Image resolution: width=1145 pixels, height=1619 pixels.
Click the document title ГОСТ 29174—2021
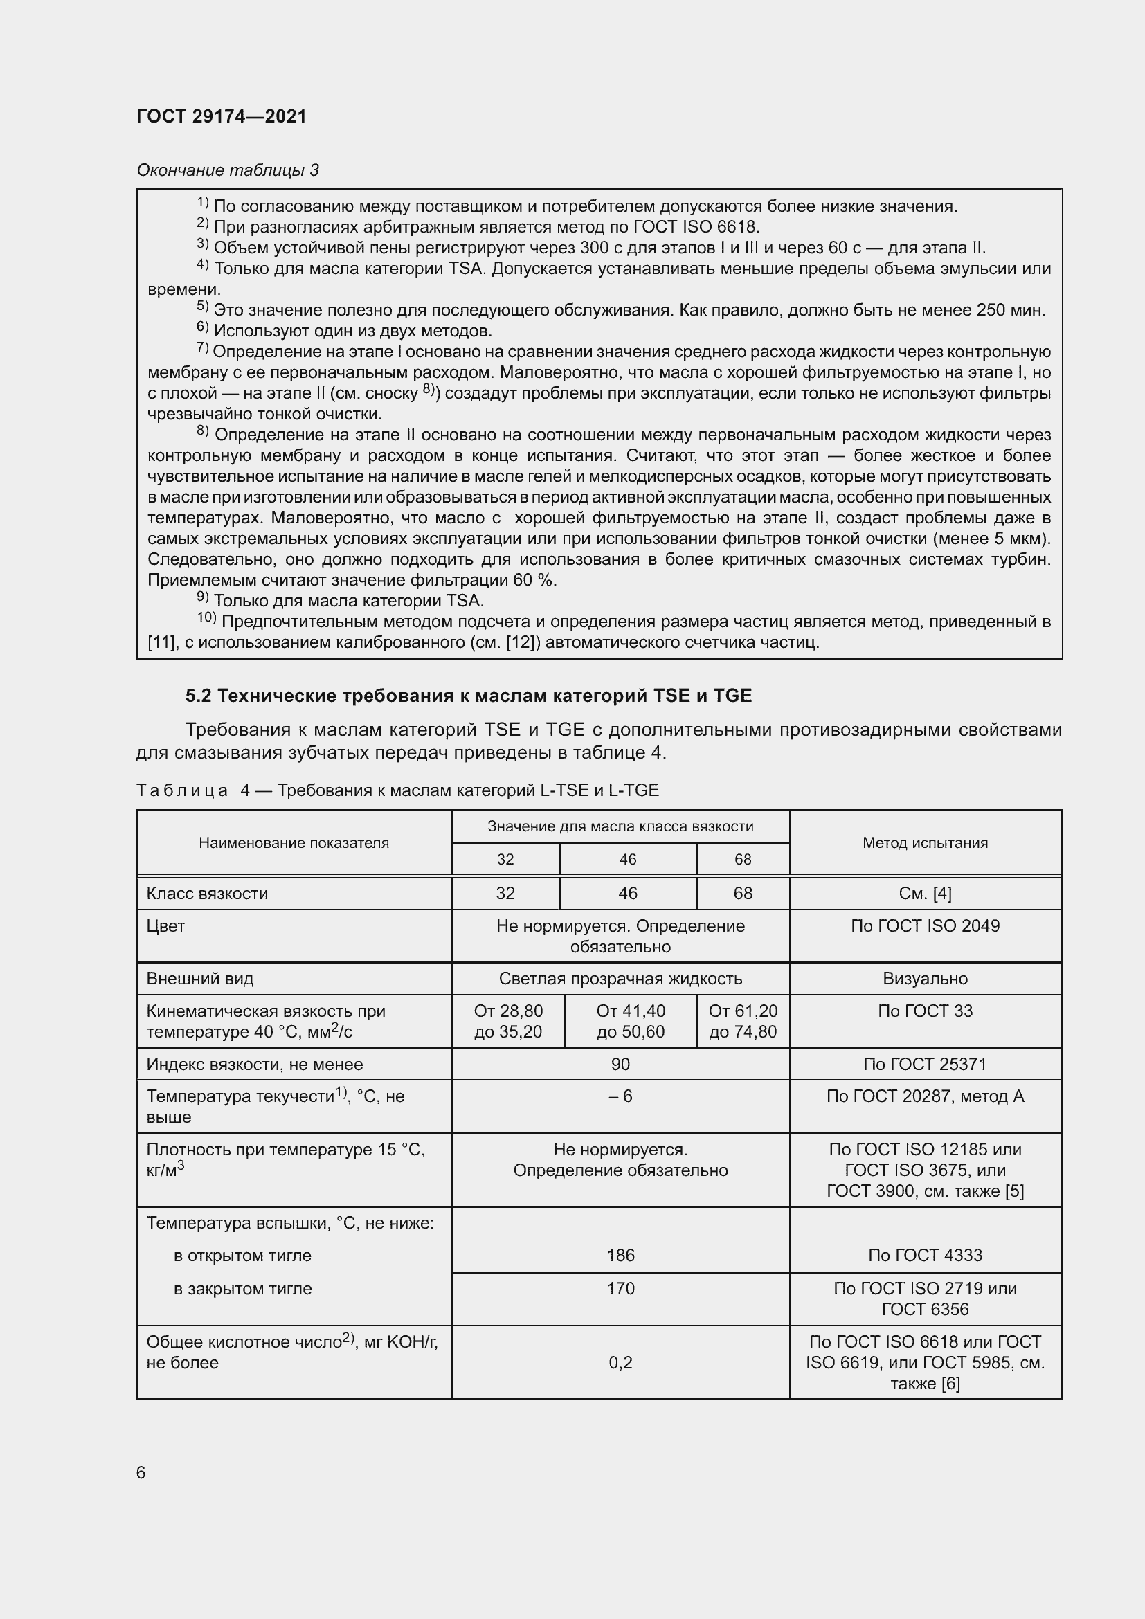point(222,116)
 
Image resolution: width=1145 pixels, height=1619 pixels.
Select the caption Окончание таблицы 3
point(227,170)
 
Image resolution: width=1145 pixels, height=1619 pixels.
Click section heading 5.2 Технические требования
point(468,696)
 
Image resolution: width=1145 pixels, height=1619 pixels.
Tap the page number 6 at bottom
point(141,1472)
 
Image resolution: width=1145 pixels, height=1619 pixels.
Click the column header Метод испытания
point(924,842)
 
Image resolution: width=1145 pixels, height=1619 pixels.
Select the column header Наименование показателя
point(294,842)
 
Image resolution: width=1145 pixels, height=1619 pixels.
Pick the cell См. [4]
point(924,894)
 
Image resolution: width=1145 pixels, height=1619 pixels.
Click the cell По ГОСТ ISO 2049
point(924,926)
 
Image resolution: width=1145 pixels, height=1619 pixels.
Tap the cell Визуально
point(924,979)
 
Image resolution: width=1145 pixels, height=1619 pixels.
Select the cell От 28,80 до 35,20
point(507,1021)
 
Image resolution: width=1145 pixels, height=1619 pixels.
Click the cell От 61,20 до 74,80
point(742,1021)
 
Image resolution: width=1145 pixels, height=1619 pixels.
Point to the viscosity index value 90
point(620,1064)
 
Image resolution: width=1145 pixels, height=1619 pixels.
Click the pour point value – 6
point(620,1096)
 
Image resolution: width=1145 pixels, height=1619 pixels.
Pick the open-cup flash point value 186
point(620,1255)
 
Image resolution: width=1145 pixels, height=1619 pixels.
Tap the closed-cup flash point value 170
point(620,1288)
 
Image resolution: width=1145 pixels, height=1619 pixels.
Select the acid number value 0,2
point(620,1362)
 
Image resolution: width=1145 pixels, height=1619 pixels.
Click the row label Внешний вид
point(199,979)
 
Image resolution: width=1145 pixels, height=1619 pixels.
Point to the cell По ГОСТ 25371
point(924,1064)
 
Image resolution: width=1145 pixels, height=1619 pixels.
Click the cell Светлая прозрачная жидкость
point(620,979)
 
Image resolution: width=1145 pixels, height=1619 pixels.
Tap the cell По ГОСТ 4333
point(924,1255)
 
